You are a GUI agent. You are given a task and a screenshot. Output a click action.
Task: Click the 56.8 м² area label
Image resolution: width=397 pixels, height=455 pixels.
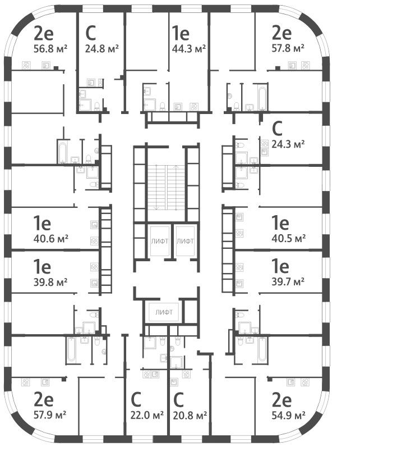click(50, 48)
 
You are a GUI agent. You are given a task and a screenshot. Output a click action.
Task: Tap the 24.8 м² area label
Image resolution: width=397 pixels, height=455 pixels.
click(101, 48)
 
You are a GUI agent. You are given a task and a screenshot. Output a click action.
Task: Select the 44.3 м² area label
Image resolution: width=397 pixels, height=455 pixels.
click(189, 48)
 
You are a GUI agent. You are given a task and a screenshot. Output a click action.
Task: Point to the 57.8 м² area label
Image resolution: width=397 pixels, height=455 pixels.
click(288, 48)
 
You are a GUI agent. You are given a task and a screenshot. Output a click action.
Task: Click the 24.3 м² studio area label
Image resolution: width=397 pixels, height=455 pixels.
click(288, 144)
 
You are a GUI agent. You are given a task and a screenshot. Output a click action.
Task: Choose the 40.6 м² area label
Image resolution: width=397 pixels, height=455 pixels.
click(50, 239)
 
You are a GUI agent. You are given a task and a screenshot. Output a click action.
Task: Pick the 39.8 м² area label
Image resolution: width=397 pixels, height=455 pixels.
click(50, 282)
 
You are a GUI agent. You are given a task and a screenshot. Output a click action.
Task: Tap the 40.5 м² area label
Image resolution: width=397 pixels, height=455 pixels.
click(288, 238)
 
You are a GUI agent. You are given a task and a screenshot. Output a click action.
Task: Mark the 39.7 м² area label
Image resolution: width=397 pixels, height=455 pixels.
click(288, 281)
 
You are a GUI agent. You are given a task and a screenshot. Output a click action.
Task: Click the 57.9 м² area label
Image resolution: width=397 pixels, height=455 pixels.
click(50, 415)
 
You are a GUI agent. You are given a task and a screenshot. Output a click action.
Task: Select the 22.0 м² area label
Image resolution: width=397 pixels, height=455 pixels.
click(147, 415)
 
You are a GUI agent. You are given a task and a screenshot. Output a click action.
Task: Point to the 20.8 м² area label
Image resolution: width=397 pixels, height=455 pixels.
click(190, 415)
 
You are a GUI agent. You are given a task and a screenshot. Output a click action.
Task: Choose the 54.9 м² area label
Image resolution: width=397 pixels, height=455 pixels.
click(288, 415)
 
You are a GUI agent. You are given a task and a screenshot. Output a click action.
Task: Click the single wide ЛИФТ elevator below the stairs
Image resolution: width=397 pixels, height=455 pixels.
click(164, 312)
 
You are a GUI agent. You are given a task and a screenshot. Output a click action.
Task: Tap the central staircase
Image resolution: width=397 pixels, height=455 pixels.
click(166, 188)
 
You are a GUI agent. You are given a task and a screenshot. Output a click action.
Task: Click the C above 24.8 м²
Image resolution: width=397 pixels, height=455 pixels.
click(90, 33)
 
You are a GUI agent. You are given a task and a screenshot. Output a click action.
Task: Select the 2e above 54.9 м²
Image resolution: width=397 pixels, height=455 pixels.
click(281, 400)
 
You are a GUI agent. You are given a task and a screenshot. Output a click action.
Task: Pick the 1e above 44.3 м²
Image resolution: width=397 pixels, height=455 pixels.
click(181, 33)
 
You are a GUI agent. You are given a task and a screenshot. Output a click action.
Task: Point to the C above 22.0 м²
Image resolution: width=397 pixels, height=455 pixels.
click(136, 400)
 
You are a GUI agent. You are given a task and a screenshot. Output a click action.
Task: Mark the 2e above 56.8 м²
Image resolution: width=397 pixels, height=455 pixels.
click(44, 33)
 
